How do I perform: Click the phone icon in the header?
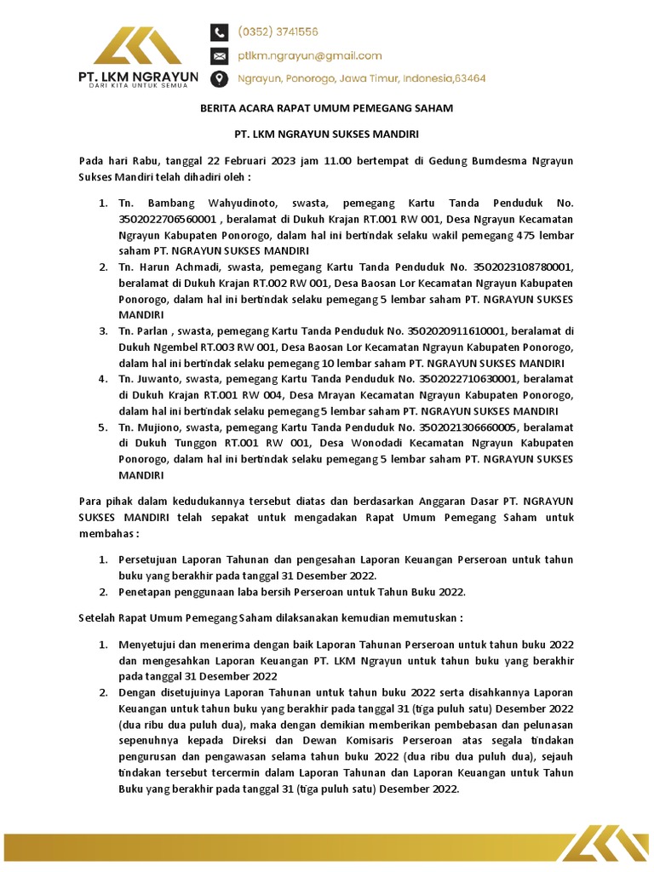click(220, 32)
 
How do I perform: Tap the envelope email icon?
click(220, 56)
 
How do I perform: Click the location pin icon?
click(220, 78)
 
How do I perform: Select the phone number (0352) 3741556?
click(278, 32)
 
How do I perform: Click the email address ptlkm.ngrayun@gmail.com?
click(309, 56)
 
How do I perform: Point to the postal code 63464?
click(467, 78)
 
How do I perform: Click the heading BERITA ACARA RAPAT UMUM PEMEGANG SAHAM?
click(327, 109)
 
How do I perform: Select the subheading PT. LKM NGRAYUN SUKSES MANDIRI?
click(327, 135)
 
